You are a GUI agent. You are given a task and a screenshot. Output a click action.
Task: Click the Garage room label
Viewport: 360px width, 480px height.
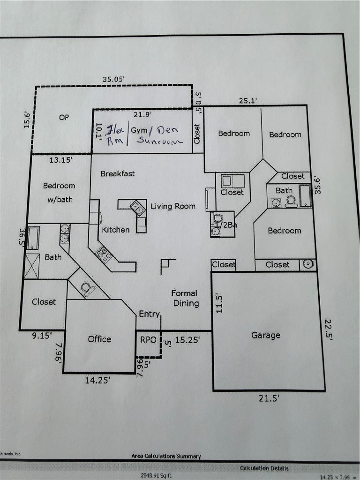266,335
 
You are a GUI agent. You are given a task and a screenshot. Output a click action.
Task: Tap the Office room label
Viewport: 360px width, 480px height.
99,339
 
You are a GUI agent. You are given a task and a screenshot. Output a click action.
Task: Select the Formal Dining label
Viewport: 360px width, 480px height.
186,298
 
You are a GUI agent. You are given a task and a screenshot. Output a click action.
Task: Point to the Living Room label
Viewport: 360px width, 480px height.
172,206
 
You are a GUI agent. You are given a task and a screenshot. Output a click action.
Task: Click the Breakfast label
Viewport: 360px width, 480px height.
118,173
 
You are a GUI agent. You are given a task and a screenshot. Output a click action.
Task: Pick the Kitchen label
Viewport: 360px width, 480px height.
116,230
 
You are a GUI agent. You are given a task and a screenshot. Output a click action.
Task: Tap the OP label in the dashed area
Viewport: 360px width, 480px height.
64,118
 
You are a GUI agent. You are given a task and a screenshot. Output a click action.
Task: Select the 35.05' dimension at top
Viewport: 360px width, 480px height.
113,79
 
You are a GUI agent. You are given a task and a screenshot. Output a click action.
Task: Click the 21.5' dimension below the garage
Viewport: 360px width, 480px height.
269,398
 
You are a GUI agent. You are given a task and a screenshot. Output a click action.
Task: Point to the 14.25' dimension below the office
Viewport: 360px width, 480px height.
97,381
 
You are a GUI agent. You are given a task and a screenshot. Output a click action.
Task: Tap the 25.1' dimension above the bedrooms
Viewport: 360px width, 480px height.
248,100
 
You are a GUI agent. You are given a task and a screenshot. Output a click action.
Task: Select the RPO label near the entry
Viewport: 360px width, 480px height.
148,339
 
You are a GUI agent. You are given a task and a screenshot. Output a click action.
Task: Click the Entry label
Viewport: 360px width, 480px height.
149,314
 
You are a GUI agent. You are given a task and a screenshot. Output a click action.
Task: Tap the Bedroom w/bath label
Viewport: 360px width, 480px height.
59,192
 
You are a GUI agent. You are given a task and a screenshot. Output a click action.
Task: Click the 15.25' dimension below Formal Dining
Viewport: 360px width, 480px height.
187,340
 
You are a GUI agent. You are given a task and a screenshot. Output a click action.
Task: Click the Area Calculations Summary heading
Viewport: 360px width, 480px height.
166,456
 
